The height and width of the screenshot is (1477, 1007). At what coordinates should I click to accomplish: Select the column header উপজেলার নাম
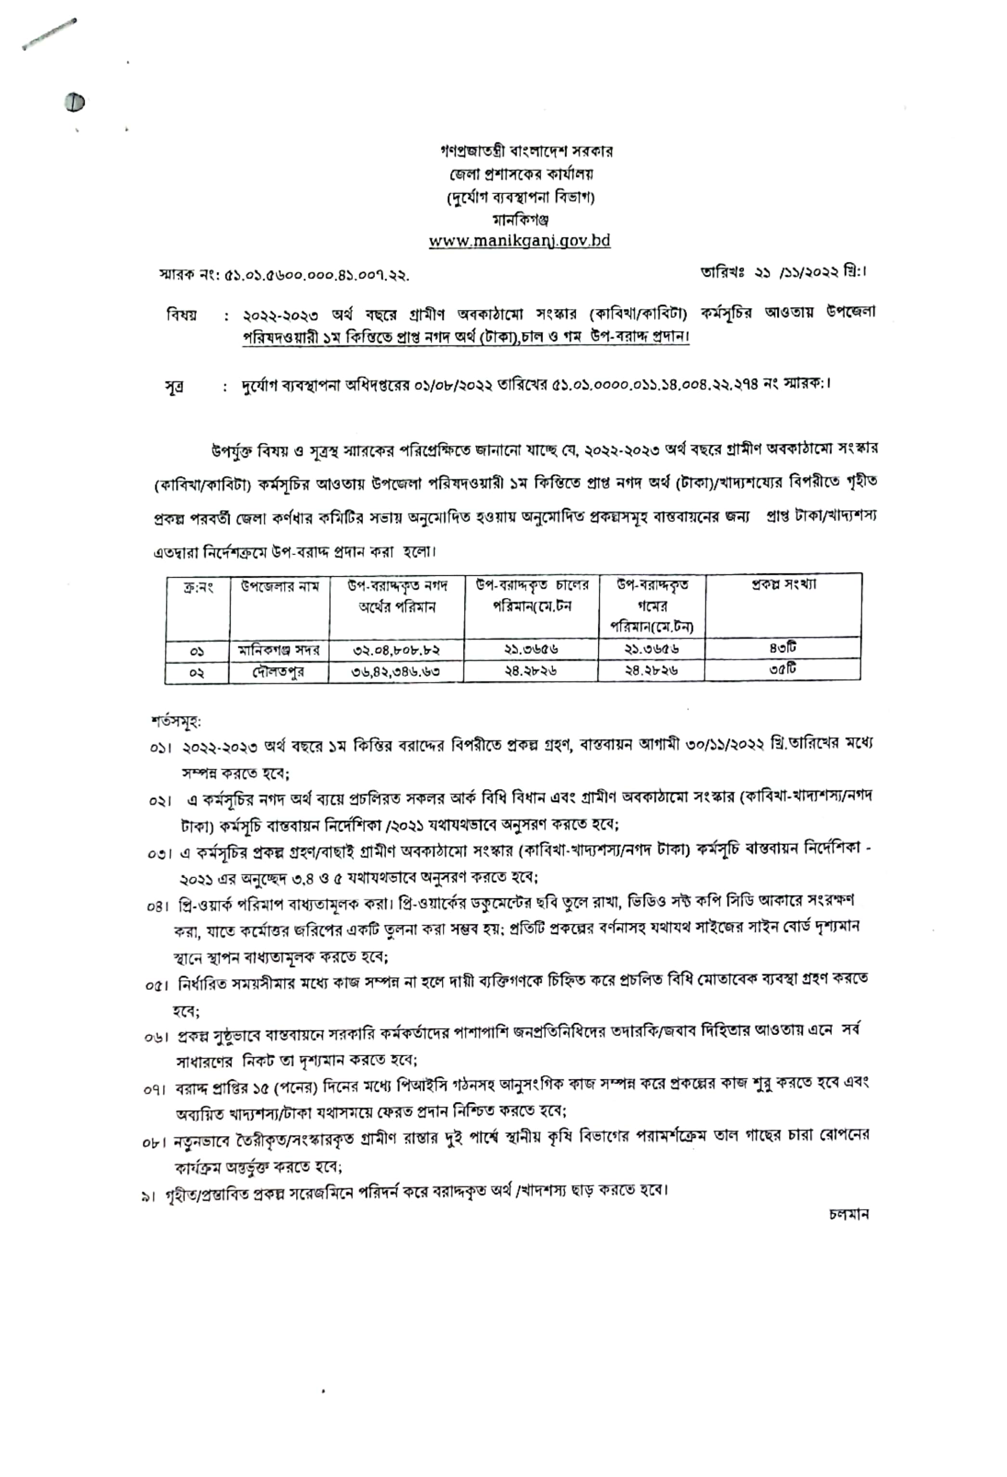280,586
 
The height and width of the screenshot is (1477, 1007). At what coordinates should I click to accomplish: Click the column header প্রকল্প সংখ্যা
783,584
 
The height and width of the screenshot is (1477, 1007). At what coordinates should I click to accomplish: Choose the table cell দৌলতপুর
279,671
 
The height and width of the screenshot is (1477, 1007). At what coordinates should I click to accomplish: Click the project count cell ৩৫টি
782,669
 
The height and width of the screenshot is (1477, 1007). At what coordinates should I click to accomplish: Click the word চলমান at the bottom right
849,1214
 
